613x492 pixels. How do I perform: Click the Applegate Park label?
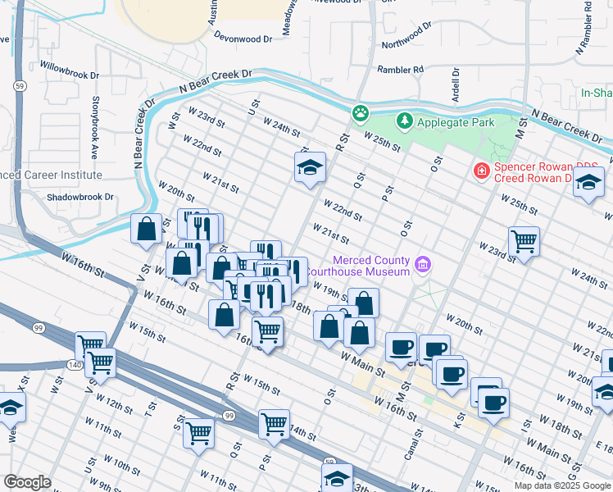[x=456, y=122]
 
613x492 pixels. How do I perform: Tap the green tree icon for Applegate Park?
[x=404, y=122]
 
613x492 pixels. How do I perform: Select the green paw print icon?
[x=360, y=112]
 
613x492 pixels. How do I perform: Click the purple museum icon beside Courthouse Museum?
[x=423, y=264]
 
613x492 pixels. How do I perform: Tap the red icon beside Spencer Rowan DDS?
[x=481, y=171]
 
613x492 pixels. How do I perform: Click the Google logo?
[x=27, y=482]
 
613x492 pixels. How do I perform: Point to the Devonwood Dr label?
[x=243, y=39]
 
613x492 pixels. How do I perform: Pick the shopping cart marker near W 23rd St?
[x=524, y=242]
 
